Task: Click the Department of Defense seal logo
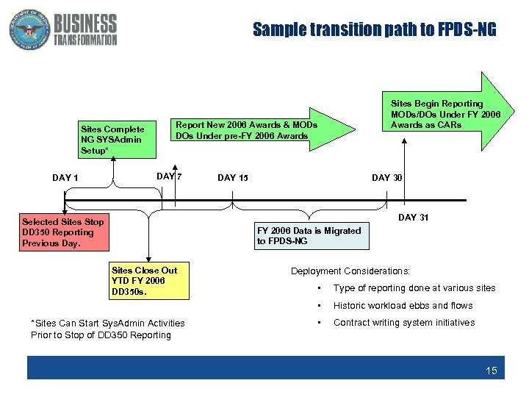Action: [x=27, y=30]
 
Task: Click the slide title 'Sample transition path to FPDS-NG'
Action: [x=375, y=30]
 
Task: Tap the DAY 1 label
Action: [x=65, y=178]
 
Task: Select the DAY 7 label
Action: [x=169, y=176]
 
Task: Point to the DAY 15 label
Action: [x=233, y=178]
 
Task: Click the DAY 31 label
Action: [x=413, y=218]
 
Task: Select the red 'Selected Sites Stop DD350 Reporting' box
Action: [x=65, y=232]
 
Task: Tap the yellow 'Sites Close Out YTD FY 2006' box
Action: [x=149, y=281]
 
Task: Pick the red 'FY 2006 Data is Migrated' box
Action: [x=309, y=236]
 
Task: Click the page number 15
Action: [x=491, y=371]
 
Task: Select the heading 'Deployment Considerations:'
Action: [x=350, y=271]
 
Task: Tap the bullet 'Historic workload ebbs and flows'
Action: [x=403, y=306]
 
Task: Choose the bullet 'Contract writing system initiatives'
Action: [x=404, y=323]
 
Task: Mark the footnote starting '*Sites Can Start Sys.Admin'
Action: [x=108, y=329]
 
